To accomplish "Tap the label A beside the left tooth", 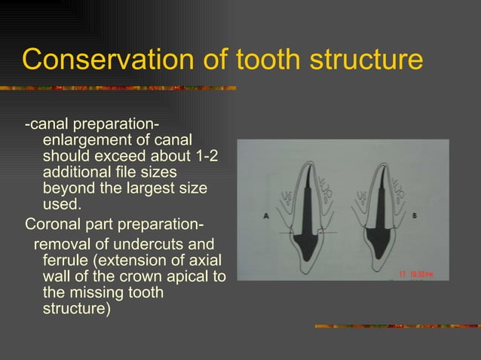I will pyautogui.click(x=267, y=215).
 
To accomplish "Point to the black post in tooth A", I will pyautogui.click(x=305, y=218).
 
